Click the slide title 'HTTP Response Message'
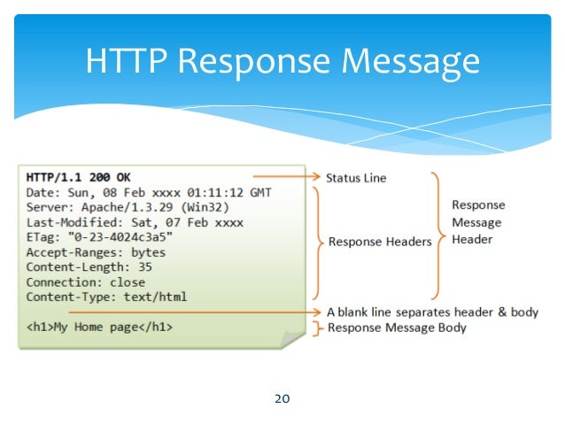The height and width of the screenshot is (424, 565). click(x=282, y=62)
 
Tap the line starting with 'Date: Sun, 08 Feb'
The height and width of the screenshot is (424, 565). click(x=148, y=193)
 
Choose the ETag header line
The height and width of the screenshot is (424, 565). click(x=98, y=237)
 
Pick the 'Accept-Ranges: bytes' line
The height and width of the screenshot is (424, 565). click(x=97, y=252)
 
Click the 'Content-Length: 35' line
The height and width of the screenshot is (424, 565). click(x=89, y=266)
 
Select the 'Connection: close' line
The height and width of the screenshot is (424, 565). click(x=85, y=281)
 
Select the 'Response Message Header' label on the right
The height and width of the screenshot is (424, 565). click(x=478, y=222)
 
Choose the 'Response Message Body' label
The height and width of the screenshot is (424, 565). click(x=397, y=328)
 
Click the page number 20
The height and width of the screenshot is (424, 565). click(x=282, y=398)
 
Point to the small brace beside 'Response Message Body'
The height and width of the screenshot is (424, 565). click(x=317, y=328)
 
